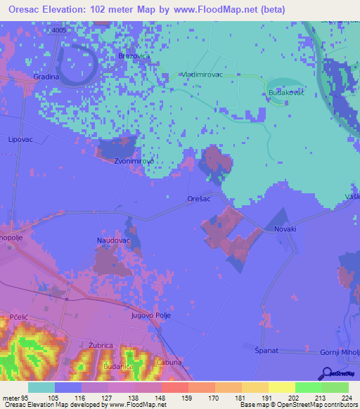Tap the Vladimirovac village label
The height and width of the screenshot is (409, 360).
(202, 74)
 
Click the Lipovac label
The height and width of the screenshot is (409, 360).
(20, 140)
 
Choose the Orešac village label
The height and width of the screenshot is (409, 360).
(200, 200)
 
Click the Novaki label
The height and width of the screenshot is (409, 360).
(285, 229)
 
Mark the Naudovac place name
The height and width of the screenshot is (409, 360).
(112, 240)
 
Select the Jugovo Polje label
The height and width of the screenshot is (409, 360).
(151, 316)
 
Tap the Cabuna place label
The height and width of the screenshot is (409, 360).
(169, 362)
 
